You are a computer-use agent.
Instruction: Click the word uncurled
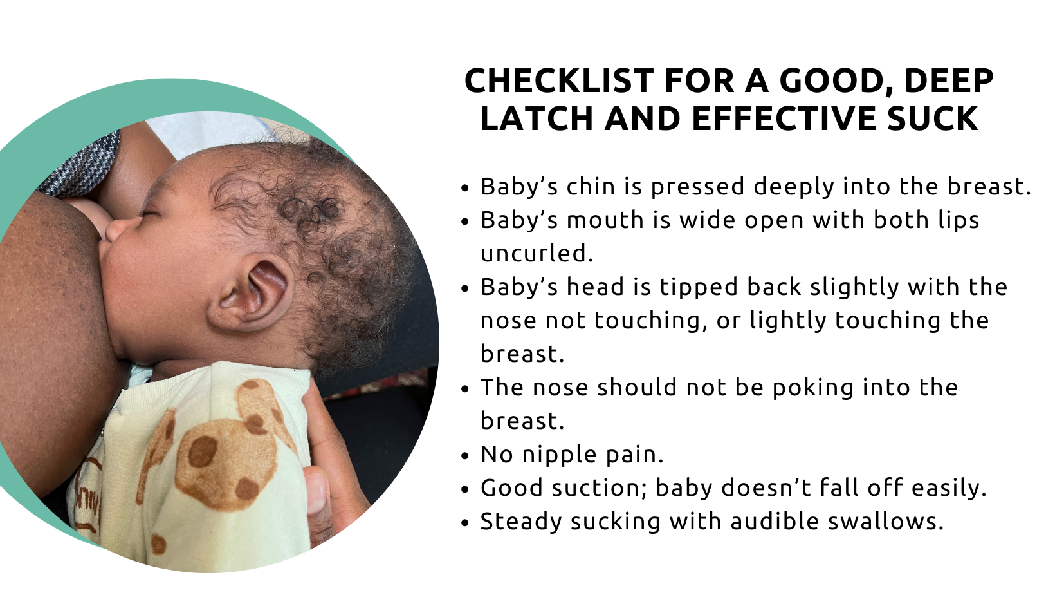click(x=537, y=254)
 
